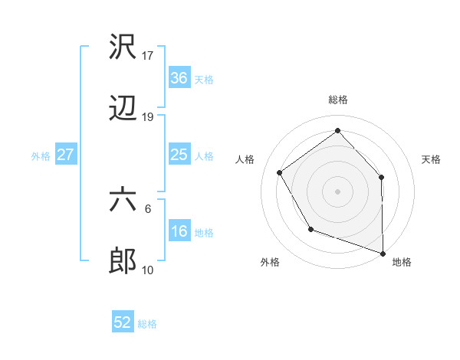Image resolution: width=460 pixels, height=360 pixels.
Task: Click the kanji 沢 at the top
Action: [123, 47]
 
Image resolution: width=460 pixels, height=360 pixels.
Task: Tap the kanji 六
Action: [123, 200]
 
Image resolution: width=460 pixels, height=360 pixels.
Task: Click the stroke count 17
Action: [149, 56]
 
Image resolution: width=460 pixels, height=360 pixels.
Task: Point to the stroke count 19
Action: [149, 117]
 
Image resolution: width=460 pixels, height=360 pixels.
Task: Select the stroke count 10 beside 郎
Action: [149, 270]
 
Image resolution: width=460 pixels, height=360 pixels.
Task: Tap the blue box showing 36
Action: [179, 78]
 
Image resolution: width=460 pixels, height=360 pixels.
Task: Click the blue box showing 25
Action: [179, 155]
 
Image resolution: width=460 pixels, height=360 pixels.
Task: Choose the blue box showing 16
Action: [179, 231]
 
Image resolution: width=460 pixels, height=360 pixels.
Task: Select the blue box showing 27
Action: [66, 155]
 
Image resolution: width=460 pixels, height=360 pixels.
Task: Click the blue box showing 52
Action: [123, 322]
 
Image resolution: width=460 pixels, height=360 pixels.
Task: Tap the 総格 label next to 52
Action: [147, 324]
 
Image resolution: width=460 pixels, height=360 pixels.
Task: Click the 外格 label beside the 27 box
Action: [41, 156]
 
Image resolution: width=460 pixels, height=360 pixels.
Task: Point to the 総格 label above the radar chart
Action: [337, 100]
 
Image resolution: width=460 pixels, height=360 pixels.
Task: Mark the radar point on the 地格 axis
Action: [383, 252]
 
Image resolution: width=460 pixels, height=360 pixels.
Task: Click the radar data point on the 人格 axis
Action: [280, 173]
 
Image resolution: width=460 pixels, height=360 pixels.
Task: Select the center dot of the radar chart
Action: [337, 191]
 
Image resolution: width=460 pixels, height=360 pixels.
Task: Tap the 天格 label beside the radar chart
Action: [432, 159]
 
